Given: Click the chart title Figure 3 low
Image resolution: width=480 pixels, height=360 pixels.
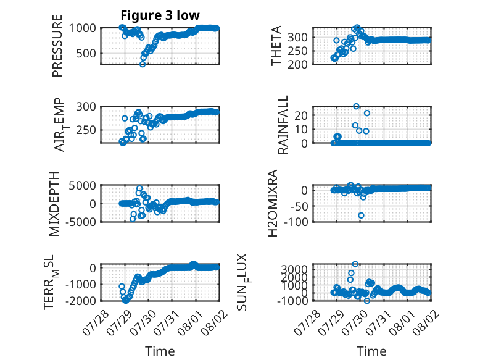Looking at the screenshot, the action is (x=160, y=15).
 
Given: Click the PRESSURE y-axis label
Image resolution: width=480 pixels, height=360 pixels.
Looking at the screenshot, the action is (x=57, y=46).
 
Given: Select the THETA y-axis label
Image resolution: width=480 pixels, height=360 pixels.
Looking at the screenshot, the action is (x=276, y=46).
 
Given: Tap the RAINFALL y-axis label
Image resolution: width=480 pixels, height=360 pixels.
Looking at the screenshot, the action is (x=283, y=124).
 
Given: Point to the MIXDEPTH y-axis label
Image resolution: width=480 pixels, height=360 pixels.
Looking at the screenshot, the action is (x=54, y=203).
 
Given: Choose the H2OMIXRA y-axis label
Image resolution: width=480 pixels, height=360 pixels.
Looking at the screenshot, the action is (x=273, y=203).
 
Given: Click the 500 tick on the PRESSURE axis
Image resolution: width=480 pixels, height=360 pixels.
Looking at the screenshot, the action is (x=86, y=53).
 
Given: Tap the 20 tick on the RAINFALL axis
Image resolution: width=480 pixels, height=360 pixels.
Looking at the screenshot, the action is (x=301, y=115).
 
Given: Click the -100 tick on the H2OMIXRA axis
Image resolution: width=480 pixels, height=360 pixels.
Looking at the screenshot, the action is (x=296, y=222).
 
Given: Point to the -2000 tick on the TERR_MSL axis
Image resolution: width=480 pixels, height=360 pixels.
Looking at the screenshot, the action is (x=80, y=301).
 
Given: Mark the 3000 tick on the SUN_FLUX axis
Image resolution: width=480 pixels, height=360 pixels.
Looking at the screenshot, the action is (x=294, y=270).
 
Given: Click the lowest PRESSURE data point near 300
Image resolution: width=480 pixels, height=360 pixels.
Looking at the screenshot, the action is (x=143, y=64).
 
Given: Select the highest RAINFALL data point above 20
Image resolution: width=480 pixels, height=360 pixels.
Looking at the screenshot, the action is (x=356, y=106).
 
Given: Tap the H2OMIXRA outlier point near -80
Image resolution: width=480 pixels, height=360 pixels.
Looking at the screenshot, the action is (x=361, y=216).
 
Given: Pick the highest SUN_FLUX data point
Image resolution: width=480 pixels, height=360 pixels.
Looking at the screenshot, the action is (x=355, y=264).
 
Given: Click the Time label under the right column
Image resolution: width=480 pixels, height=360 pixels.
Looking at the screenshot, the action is (x=371, y=351).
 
